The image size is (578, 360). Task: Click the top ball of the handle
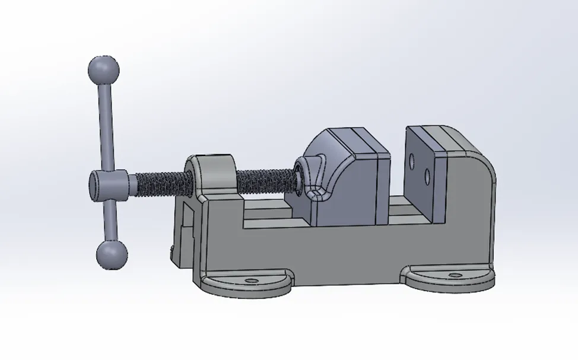(103, 71)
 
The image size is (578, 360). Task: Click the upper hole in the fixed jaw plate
(412, 159)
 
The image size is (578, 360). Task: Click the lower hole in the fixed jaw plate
(427, 175)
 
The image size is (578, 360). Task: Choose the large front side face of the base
(332, 249)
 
